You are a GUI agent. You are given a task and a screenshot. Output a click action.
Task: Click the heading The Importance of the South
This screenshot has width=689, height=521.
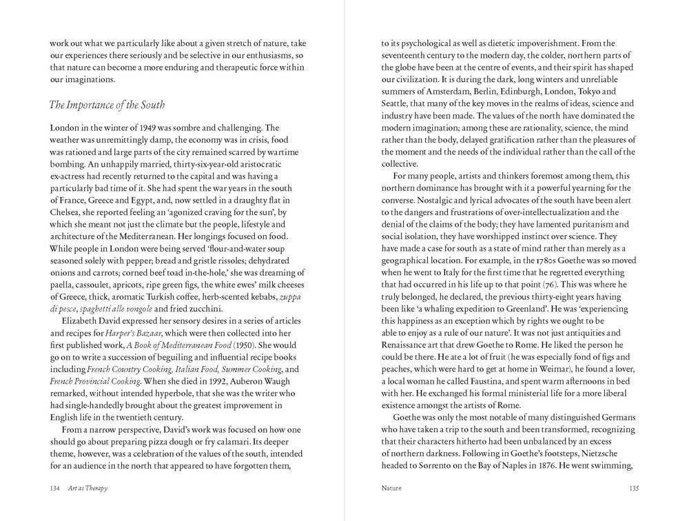click(x=107, y=105)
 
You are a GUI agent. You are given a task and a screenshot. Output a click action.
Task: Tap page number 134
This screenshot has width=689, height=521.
click(x=56, y=487)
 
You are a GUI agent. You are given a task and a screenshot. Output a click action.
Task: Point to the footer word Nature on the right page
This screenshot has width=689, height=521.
click(x=393, y=487)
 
